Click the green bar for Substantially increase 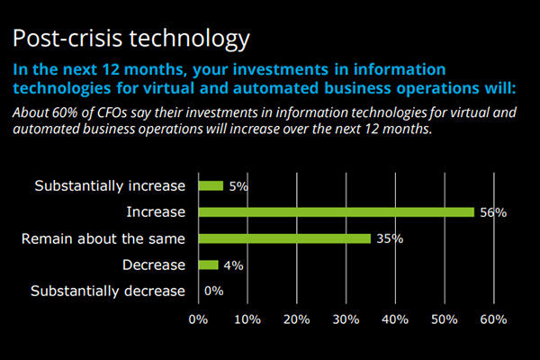[x=211, y=186]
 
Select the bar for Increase [x=337, y=212]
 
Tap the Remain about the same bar [x=284, y=238]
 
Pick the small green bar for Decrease [x=209, y=265]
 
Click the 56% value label [x=493, y=212]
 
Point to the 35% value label [x=390, y=238]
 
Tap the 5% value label [x=238, y=186]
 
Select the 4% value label [x=233, y=265]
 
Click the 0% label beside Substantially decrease [x=214, y=291]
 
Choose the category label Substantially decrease [x=108, y=291]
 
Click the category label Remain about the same [x=103, y=238]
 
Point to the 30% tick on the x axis [x=346, y=319]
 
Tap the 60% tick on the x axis [x=493, y=319]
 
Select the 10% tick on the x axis [x=247, y=319]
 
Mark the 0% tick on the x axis [x=198, y=319]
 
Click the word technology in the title [x=189, y=39]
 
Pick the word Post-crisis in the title [x=67, y=38]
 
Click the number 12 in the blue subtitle [x=111, y=69]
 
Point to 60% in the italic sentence [x=65, y=112]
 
